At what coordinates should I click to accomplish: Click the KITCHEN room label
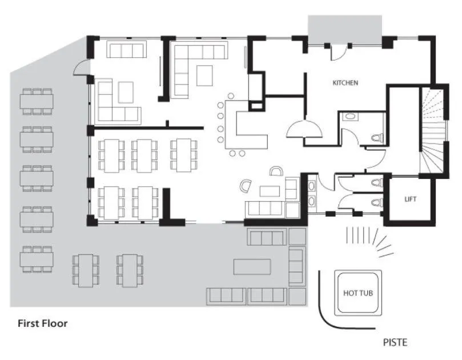[x=346, y=83]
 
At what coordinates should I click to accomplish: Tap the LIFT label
[x=410, y=199]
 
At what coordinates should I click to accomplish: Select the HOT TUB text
[x=358, y=293]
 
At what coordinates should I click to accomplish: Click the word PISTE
[x=395, y=343]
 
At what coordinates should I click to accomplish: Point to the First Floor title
[x=42, y=323]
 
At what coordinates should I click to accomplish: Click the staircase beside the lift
[x=433, y=131]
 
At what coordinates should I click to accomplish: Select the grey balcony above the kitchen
[x=344, y=29]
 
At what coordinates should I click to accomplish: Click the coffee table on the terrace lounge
[x=252, y=267]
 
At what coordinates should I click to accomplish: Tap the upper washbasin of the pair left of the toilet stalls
[x=311, y=186]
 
